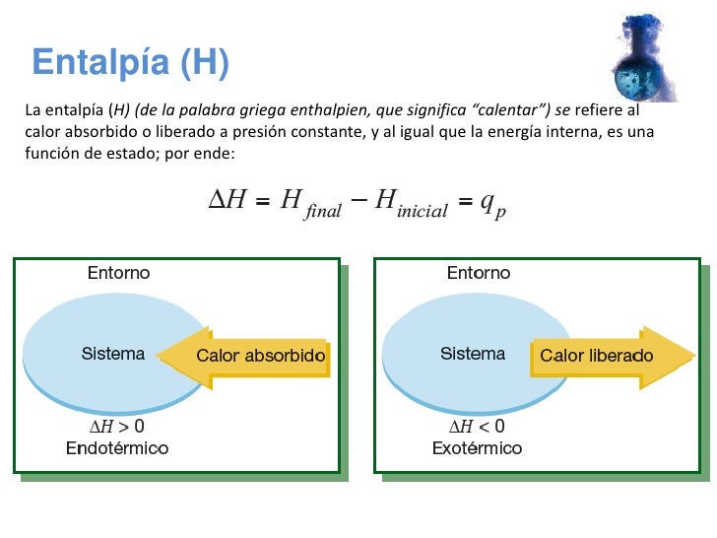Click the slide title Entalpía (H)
pyautogui.click(x=130, y=63)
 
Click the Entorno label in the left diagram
pyautogui.click(x=118, y=272)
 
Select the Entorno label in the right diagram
pyautogui.click(x=479, y=272)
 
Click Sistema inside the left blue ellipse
pyautogui.click(x=112, y=353)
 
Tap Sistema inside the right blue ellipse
pyautogui.click(x=473, y=353)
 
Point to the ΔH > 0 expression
pyautogui.click(x=116, y=427)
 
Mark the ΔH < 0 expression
pyautogui.click(x=477, y=427)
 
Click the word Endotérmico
pyautogui.click(x=116, y=448)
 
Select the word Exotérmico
pyautogui.click(x=477, y=448)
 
